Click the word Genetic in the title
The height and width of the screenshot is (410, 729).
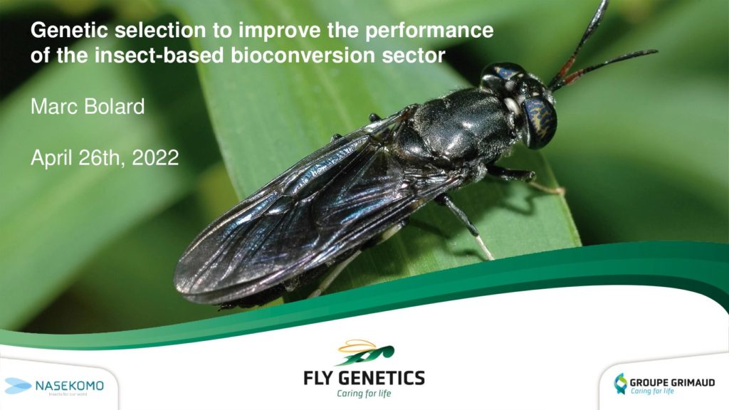70,30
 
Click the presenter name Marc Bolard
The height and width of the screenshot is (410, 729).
88,107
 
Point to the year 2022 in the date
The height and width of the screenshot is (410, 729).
155,158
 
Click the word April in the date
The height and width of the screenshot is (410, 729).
51,159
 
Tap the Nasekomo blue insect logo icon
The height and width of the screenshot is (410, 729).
18,386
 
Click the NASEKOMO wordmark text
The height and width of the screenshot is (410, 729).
70,386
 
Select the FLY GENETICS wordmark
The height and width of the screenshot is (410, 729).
364,378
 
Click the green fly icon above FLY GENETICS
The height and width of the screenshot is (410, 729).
365,352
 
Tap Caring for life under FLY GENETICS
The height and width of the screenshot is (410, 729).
364,394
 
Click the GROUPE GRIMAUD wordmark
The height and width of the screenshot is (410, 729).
672,382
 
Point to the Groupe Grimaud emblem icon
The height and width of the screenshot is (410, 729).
620,384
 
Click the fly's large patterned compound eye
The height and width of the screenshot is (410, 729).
540,122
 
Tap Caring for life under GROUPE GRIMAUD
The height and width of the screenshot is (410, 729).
652,391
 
